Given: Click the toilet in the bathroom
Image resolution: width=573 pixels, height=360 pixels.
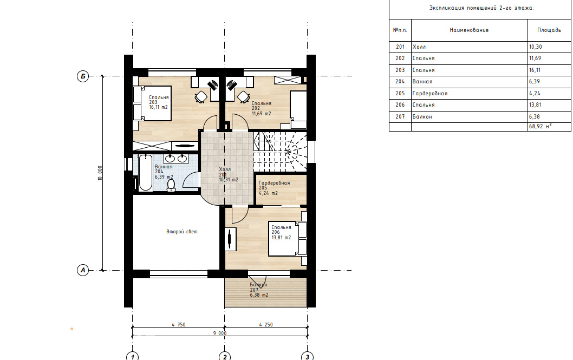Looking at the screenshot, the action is point(171,186).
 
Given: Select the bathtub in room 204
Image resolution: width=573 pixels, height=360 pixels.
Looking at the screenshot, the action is point(146,172).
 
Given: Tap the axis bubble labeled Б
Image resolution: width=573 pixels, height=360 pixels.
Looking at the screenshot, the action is point(83,76).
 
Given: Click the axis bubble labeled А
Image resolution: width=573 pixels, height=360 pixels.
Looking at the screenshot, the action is point(83,271).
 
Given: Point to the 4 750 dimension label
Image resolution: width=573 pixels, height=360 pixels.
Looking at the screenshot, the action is point(179,324).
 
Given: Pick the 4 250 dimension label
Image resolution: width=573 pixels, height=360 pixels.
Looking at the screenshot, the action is point(266,324).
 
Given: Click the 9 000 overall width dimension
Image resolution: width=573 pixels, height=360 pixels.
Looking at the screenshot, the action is point(220,333).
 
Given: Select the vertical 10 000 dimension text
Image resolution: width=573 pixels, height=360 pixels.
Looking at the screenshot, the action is point(100,173).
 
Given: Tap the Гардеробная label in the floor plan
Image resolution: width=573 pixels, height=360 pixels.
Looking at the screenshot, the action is point(274,183).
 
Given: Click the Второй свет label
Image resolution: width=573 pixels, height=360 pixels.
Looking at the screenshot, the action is point(181,232).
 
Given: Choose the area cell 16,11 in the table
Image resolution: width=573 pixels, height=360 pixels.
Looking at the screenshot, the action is point(535,70).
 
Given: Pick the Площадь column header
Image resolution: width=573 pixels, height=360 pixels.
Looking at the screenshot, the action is point(549,30).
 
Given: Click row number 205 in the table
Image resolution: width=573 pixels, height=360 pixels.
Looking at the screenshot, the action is point(400,93).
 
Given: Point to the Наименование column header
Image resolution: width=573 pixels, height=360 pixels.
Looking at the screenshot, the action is point(469,30).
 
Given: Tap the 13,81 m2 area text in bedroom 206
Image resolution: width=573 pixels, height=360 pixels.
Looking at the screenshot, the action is point(281,237).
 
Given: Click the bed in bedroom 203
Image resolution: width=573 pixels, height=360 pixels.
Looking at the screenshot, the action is point(152,103).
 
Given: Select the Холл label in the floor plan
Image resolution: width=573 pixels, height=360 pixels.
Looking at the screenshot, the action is point(225,169).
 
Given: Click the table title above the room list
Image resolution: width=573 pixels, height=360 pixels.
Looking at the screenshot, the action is point(481,8).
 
